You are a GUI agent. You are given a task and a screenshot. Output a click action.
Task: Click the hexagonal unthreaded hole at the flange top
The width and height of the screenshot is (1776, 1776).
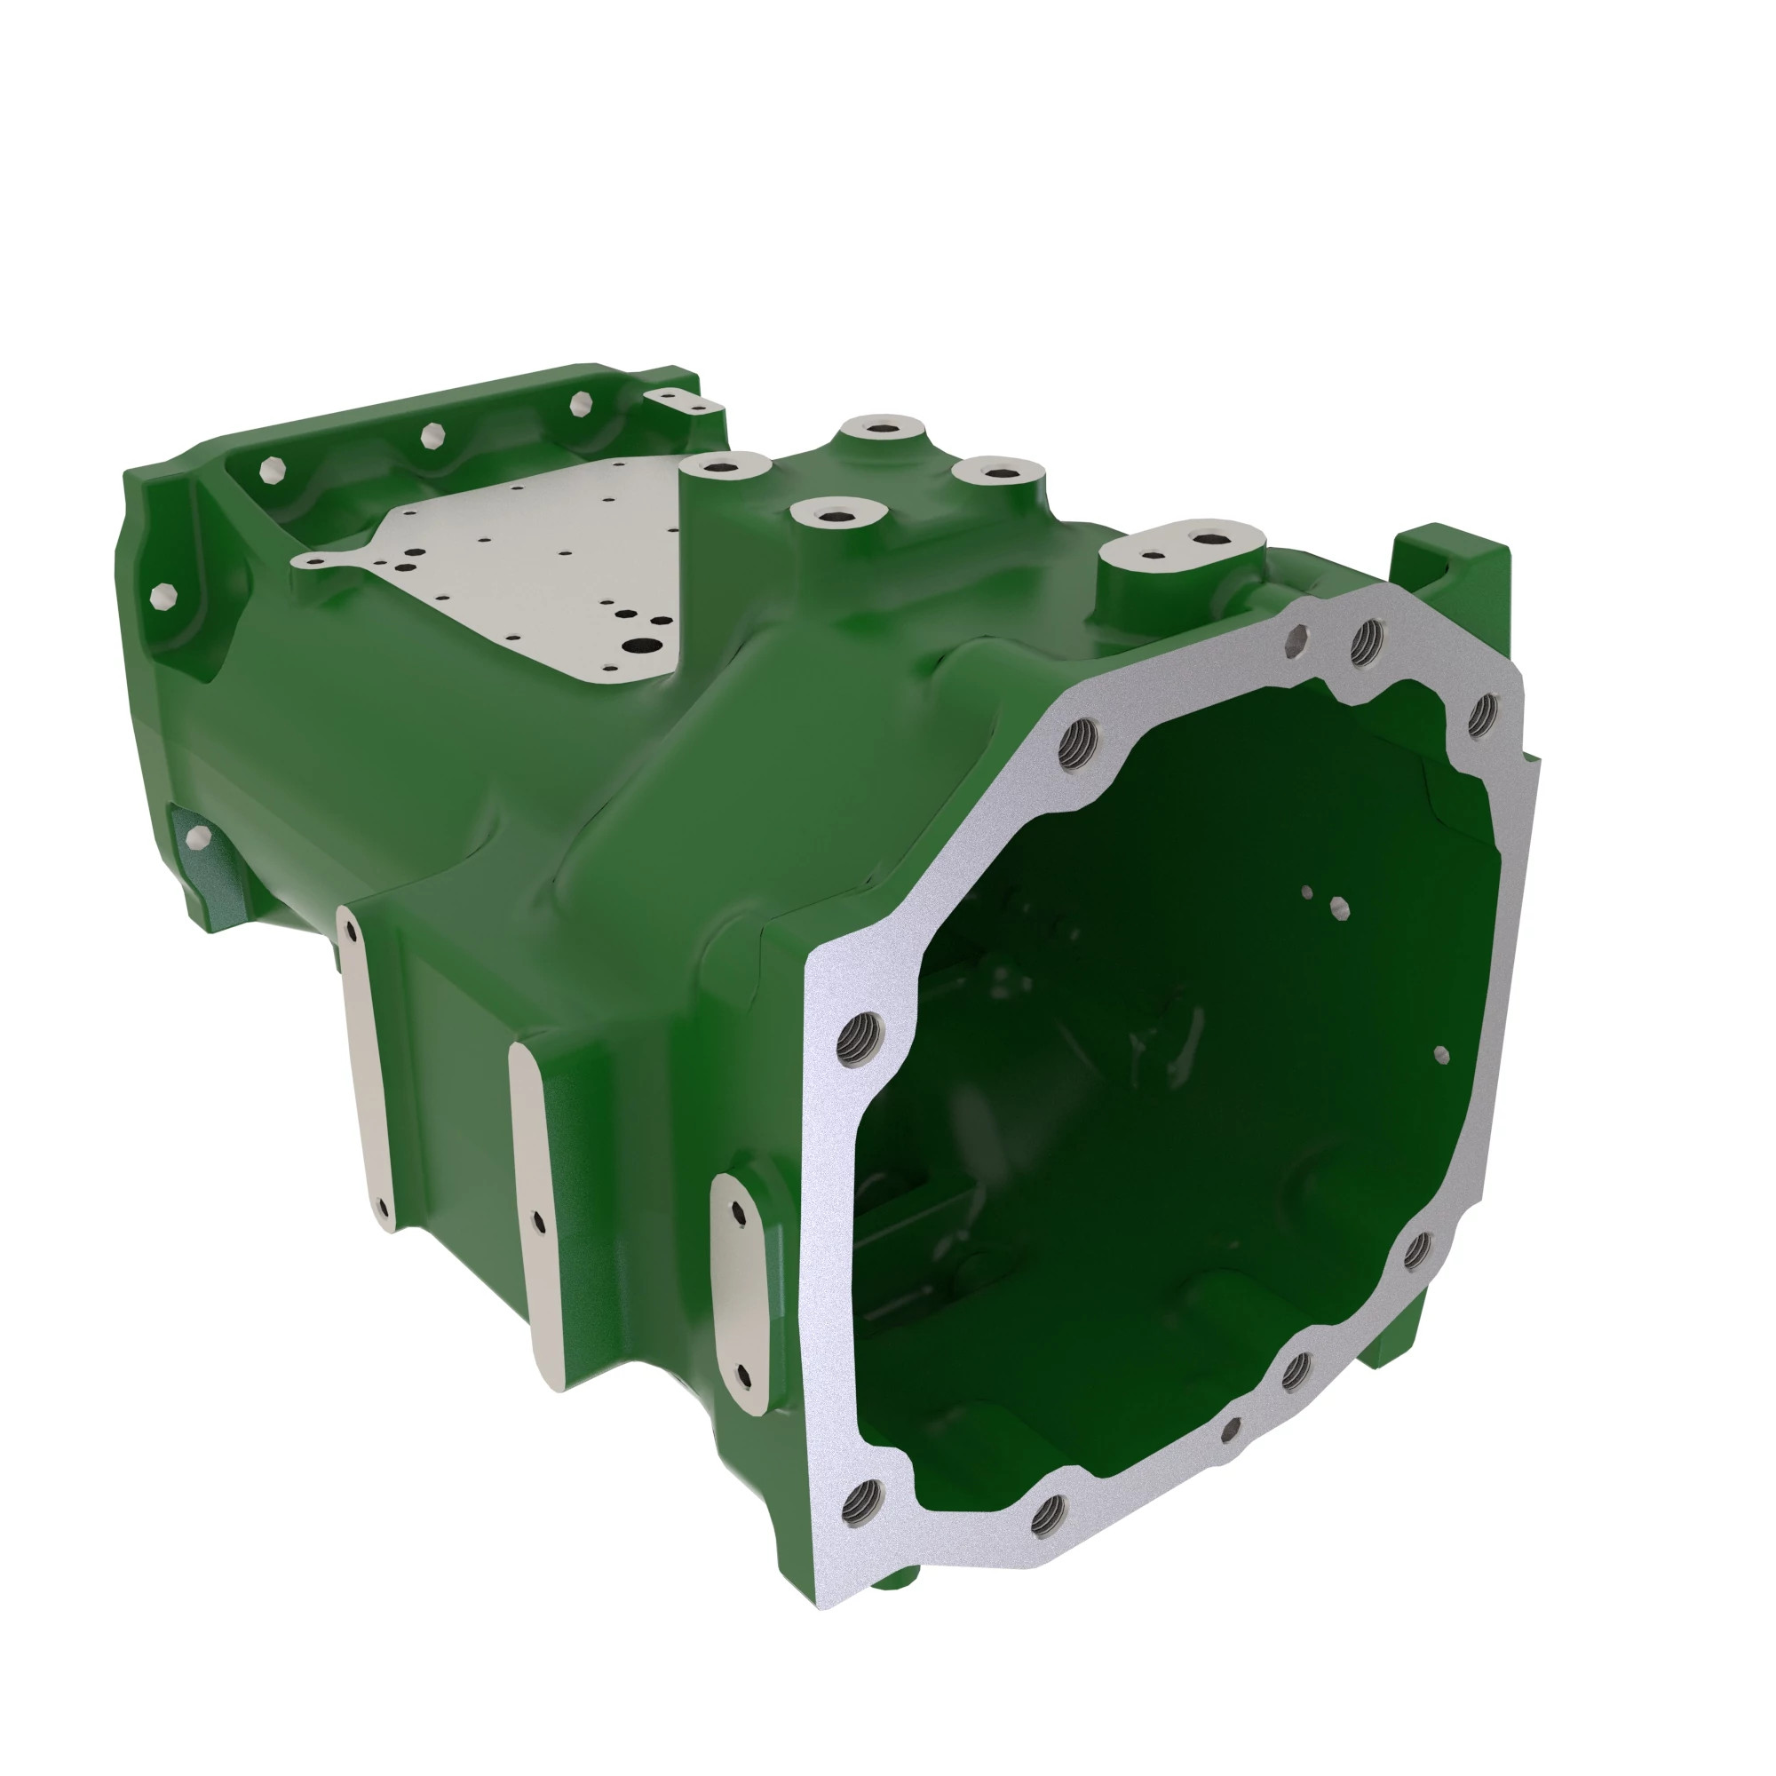1299,637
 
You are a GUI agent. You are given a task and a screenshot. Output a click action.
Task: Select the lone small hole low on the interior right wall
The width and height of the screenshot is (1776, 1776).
1440,1054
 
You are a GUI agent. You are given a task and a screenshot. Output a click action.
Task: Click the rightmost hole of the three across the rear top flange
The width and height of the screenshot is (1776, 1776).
582,404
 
